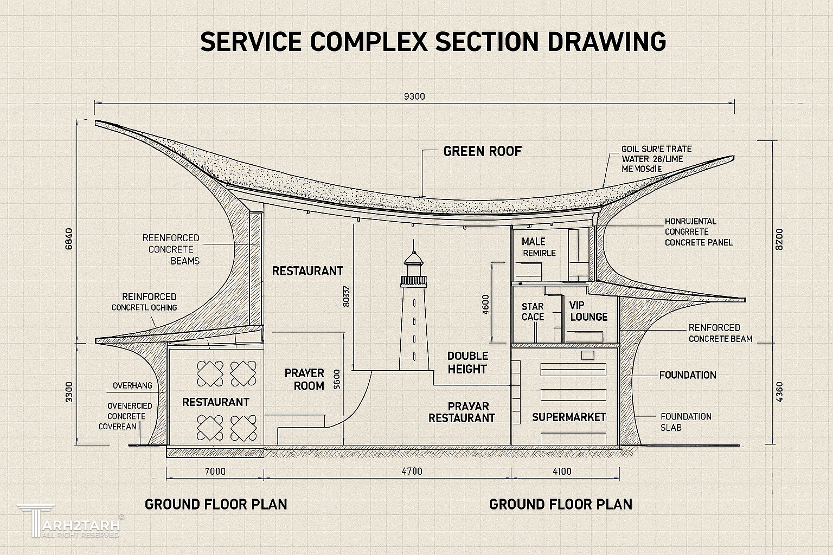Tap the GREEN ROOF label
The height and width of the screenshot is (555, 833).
pos(482,151)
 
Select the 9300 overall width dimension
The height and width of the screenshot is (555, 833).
pos(415,97)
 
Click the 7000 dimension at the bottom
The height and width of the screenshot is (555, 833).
pos(215,472)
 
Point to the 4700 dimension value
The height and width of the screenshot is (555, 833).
pos(412,472)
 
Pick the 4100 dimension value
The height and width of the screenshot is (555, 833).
pos(562,472)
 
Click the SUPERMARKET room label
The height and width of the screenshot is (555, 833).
pos(569,417)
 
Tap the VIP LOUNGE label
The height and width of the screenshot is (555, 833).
pos(588,311)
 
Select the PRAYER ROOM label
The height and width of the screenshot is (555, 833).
pos(304,379)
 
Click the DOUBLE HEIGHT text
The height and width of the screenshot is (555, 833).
pos(467,363)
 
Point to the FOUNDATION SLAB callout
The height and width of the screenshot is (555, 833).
pos(685,422)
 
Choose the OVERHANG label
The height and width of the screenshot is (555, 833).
pos(132,386)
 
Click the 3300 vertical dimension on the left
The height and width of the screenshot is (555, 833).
pos(69,392)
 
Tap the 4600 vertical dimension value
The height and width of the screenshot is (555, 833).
pos(485,304)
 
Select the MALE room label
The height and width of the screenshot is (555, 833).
pos(534,241)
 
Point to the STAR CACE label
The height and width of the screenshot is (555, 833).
pos(533,312)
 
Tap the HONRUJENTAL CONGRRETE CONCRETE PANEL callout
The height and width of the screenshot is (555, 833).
pos(699,232)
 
